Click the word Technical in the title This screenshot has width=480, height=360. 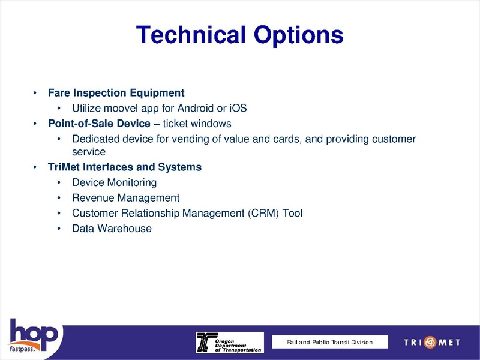[x=187, y=35]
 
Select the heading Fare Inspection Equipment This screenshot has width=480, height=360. [x=116, y=93]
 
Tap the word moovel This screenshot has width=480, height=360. [x=122, y=109]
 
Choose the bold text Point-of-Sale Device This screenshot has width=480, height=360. [x=99, y=124]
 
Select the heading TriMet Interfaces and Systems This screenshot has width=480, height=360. [x=124, y=167]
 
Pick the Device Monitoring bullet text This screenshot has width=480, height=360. [x=114, y=182]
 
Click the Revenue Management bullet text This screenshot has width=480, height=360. [x=125, y=197]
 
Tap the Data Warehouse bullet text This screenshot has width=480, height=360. [x=112, y=229]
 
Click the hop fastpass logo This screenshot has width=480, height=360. [x=33, y=335]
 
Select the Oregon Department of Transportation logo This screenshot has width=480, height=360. [x=229, y=342]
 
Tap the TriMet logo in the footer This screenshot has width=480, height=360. [x=432, y=342]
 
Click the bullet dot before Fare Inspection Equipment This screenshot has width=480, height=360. [x=35, y=94]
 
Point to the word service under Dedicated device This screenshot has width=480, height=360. [x=89, y=152]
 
